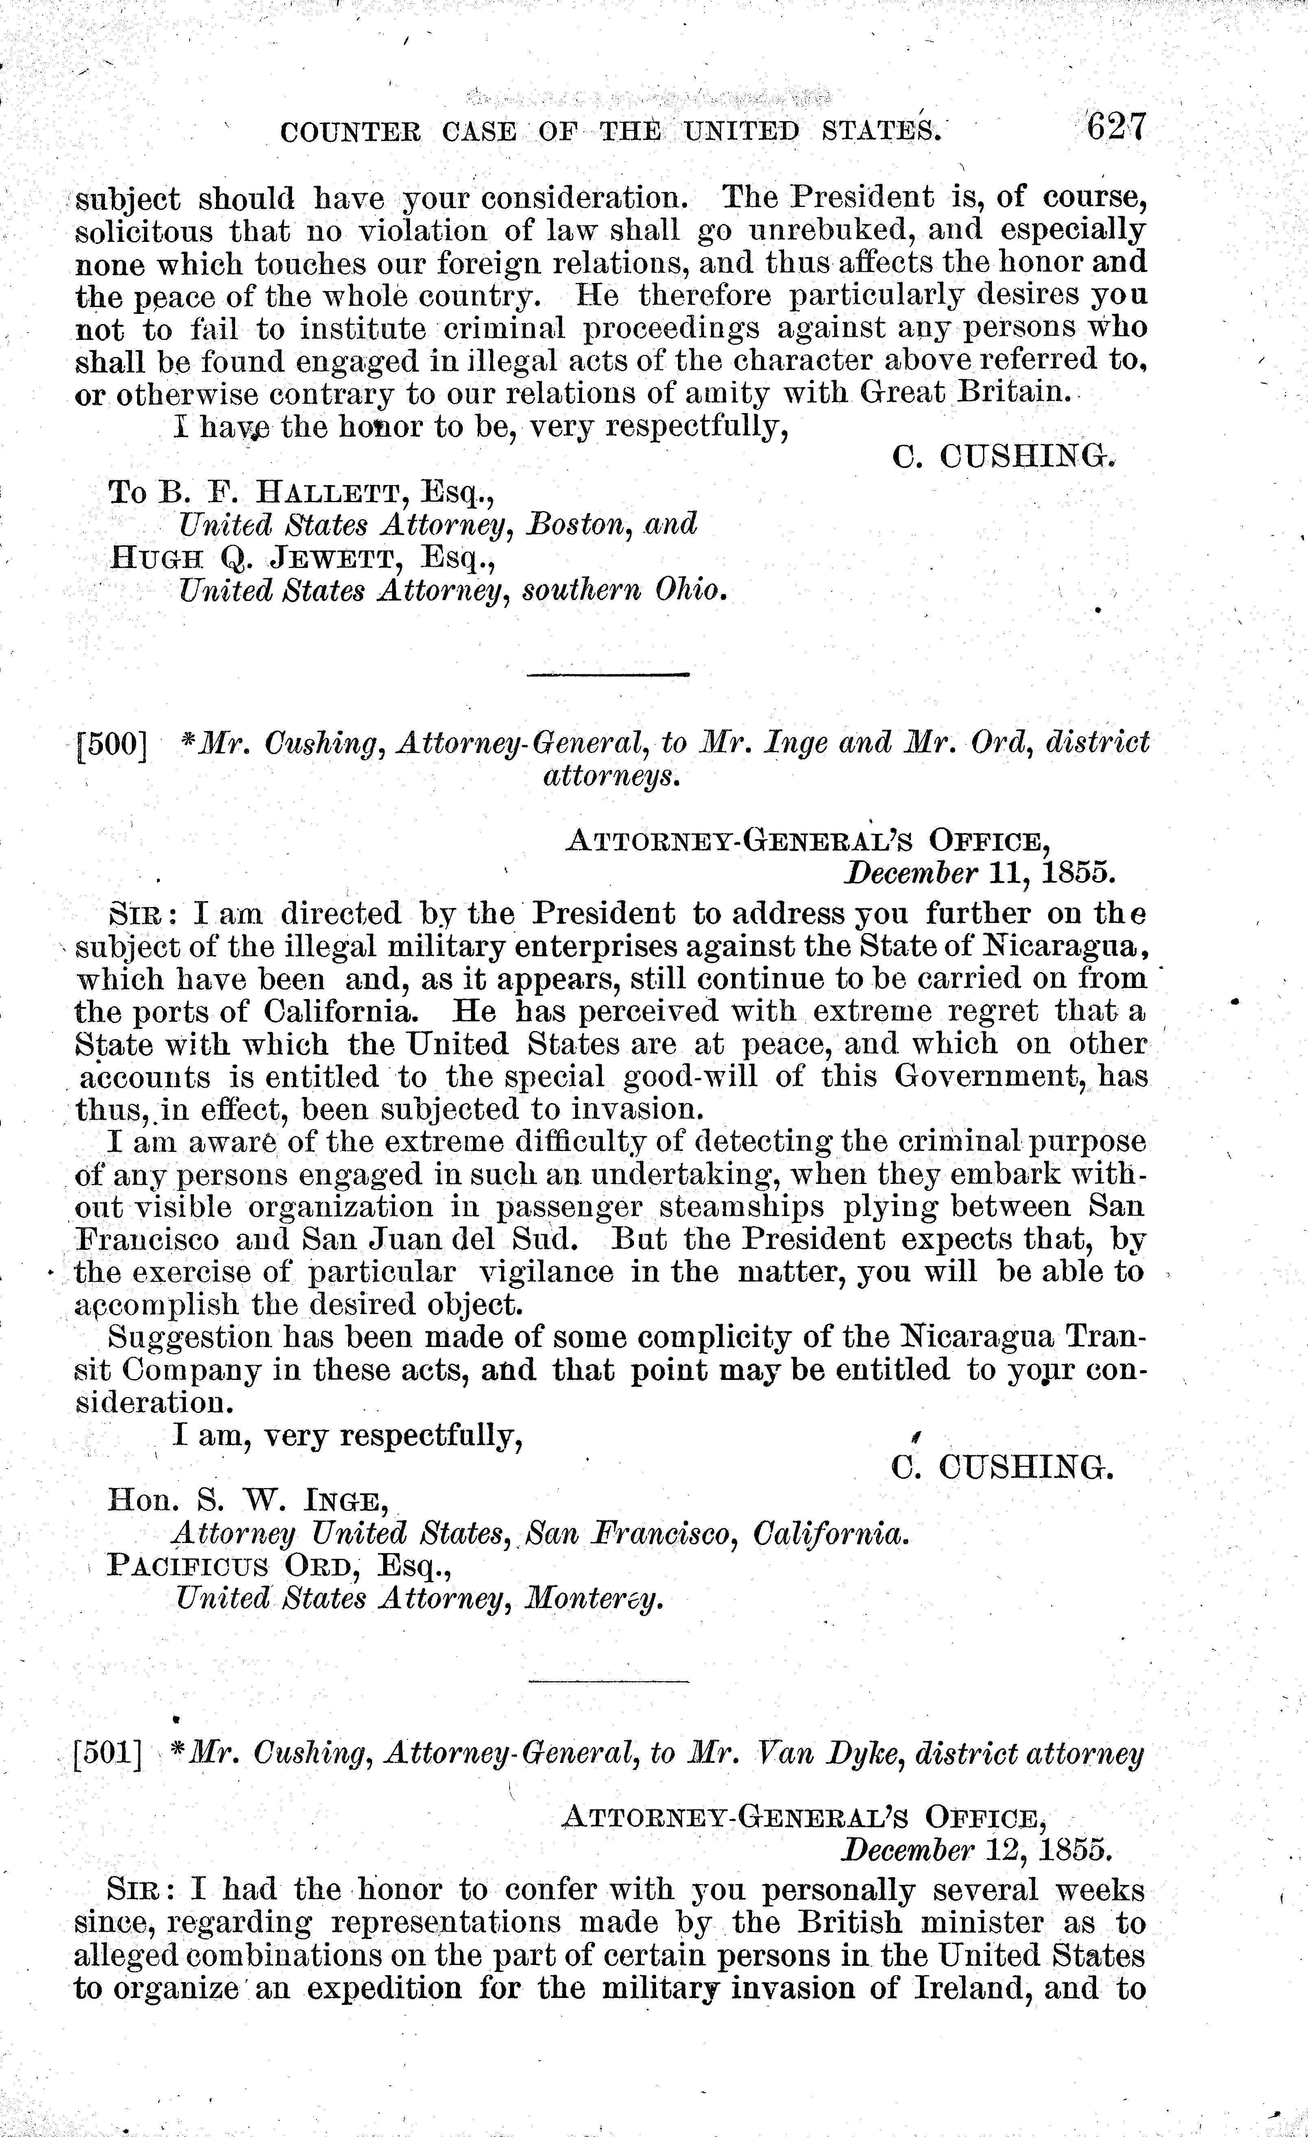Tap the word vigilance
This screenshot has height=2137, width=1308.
coord(547,1272)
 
